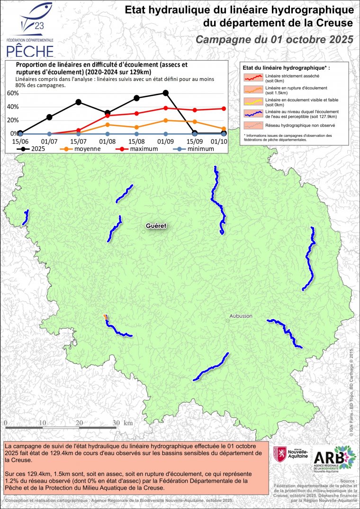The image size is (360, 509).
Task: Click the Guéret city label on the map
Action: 156,226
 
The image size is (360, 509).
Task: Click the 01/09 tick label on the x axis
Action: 165,141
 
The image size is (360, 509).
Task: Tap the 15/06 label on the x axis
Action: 19,141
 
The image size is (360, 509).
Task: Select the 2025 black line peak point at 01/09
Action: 165,93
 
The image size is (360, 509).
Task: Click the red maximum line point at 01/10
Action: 224,108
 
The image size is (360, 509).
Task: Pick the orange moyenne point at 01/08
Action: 108,125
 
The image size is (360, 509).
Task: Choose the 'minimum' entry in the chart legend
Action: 192,149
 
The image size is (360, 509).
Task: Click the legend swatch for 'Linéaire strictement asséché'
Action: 252,78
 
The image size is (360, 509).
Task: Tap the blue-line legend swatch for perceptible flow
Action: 252,114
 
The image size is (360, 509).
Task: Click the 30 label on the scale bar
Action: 116,423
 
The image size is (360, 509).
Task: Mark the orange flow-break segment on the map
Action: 105,316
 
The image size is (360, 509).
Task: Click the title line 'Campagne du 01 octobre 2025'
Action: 275,39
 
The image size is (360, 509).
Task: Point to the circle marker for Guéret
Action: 144,232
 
